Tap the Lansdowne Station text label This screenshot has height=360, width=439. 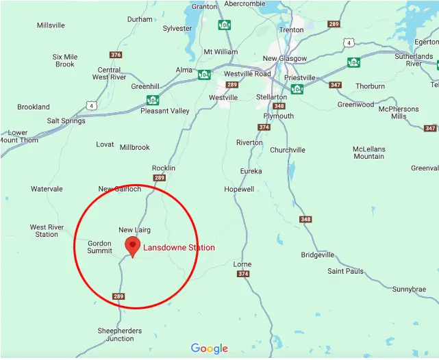point(179,248)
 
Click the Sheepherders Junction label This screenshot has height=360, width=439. point(120,335)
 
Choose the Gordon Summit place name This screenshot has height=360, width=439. point(99,246)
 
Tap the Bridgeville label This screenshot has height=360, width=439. point(318,255)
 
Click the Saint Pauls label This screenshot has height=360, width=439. point(345,271)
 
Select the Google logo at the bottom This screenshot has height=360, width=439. point(209,349)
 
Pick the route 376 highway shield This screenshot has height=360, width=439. point(116,55)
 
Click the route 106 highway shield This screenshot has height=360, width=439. point(225,25)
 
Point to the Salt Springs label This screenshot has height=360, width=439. point(66,121)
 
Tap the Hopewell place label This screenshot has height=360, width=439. point(239,189)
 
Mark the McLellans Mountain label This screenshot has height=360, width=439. point(368,153)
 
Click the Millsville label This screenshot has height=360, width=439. point(51,25)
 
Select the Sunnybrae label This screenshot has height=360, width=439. point(410,290)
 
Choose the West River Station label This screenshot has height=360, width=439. point(47,231)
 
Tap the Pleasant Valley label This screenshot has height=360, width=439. point(165,111)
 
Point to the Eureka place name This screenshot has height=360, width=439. point(251,170)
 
